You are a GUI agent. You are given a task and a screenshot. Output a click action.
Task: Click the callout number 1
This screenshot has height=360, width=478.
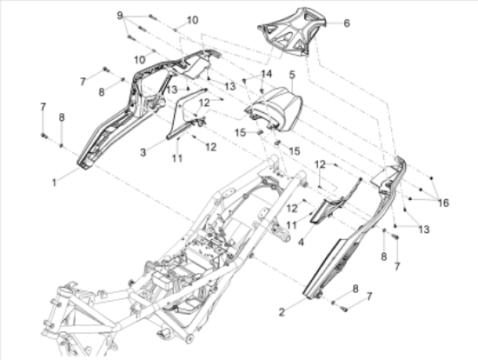54,183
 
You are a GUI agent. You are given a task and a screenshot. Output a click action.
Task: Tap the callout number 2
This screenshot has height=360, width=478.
282,312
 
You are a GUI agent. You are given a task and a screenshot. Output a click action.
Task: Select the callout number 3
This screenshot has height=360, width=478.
143,152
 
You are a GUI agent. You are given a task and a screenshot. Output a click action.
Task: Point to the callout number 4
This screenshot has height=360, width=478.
301,243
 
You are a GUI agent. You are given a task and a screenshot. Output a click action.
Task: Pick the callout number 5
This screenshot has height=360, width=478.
292,75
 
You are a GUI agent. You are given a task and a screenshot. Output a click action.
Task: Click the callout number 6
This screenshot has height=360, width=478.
347,23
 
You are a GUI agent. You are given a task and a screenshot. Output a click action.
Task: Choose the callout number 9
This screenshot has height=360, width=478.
120,16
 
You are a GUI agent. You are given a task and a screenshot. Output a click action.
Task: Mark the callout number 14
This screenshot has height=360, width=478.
266,74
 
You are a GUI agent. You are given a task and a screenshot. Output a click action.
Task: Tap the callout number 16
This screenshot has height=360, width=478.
443,203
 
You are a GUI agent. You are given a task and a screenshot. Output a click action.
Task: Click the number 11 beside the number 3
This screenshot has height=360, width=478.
177,158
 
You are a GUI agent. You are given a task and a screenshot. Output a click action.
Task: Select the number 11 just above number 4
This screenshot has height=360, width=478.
292,225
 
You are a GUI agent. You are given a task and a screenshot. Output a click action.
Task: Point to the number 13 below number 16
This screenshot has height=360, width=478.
424,229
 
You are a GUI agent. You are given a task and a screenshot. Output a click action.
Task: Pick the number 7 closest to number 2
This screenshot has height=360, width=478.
369,296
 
